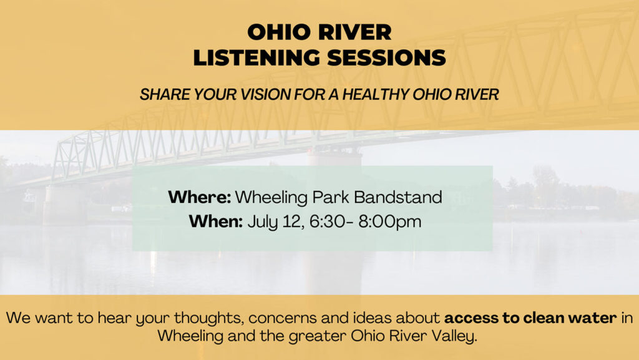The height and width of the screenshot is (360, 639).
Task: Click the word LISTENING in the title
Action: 256,57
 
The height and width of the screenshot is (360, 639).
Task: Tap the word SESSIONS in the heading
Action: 387,57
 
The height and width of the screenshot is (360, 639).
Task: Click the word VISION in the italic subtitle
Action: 265,94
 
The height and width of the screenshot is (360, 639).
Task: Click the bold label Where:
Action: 200,197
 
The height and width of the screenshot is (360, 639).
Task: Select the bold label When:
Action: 216,221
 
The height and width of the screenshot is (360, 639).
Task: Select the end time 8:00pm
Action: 390,222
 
